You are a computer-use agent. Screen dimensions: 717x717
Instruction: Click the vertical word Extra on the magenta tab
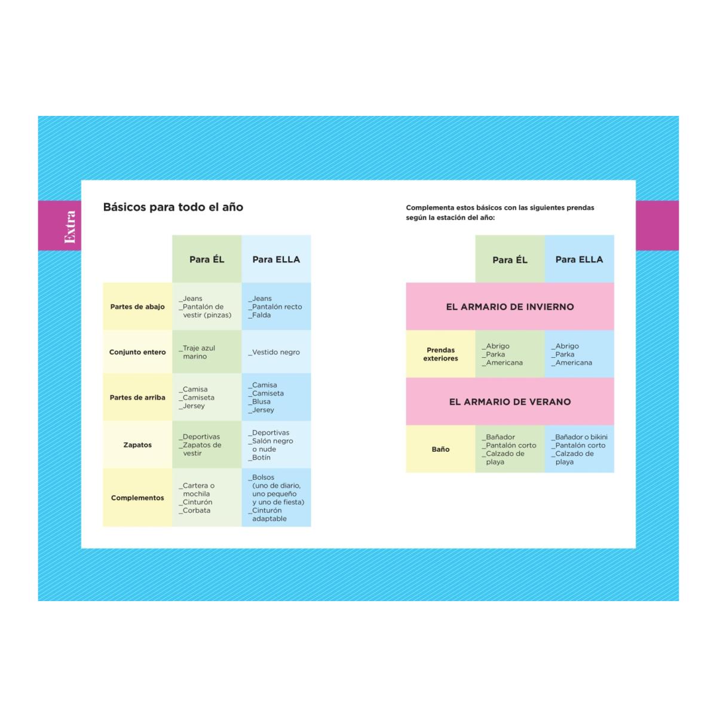point(70,226)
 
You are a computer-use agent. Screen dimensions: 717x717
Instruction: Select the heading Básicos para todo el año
point(173,207)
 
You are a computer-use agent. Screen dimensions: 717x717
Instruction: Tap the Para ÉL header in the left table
point(207,259)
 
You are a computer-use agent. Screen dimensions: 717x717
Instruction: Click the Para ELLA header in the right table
point(579,259)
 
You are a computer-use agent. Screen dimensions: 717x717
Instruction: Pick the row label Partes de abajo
point(137,307)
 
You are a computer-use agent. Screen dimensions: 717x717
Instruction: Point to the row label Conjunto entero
point(137,352)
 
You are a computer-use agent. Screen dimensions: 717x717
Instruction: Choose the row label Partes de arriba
point(137,397)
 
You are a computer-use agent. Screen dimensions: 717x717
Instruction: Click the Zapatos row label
point(137,445)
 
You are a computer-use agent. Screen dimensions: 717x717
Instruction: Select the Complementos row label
point(137,498)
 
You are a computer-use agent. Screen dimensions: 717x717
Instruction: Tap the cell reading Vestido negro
point(274,352)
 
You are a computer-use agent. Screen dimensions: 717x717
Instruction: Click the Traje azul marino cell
point(197,352)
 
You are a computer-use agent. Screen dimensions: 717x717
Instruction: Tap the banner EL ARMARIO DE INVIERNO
point(510,307)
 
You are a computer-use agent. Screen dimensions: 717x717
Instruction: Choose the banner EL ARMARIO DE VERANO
point(510,402)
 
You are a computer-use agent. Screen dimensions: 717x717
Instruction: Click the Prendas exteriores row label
point(440,354)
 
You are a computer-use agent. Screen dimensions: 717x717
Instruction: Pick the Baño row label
point(440,449)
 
